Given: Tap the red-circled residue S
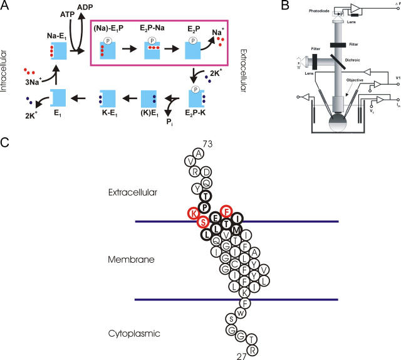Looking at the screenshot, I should tap(202, 222).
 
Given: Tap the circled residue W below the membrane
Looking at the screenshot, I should tap(239, 311).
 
